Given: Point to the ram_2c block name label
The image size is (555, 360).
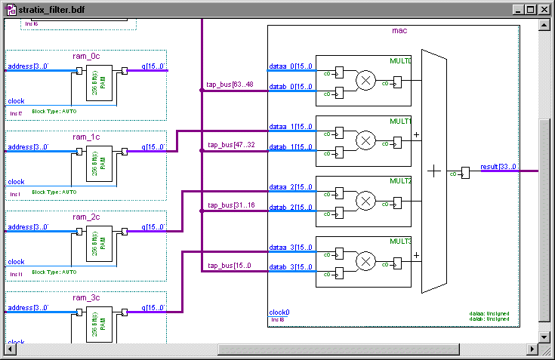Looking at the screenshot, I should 85,217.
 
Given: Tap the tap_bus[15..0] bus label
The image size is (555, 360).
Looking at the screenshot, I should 230,265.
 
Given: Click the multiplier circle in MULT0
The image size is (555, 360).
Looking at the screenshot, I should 365,80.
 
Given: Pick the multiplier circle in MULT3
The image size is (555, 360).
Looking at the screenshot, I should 365,261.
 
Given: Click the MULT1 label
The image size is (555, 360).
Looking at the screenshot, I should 400,121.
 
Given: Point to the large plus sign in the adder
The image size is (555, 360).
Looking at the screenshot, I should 433,171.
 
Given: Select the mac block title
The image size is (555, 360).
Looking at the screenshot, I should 399,31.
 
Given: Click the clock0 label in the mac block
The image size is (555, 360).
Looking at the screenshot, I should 279,312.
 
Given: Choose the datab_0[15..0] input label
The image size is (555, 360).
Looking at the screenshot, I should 291,87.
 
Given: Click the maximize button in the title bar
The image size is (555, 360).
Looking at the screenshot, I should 531,10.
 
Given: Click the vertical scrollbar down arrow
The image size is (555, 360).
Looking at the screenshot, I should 544,336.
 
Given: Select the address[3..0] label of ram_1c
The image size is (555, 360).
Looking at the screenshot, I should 28,147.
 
